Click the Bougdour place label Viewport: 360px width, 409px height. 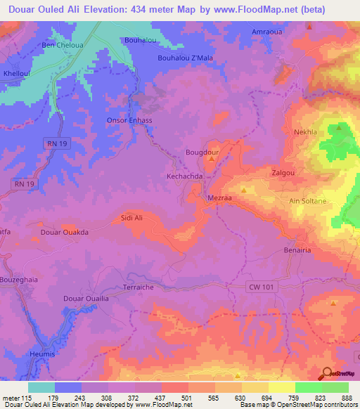coord(202,152)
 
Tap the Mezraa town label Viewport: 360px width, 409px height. coord(220,199)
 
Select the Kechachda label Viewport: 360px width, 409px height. coord(184,176)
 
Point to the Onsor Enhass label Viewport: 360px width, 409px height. coord(129,120)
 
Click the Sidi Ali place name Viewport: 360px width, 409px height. coord(132,218)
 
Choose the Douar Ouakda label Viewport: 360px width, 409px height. coord(65,232)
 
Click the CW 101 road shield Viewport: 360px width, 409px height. coord(267,287)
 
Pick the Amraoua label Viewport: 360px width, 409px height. coord(267,32)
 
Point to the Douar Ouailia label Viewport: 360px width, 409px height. coord(86,299)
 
